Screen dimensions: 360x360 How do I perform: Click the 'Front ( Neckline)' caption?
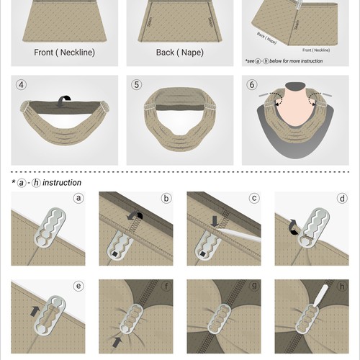pos(64,53)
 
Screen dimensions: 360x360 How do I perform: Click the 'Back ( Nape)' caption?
pos(179,53)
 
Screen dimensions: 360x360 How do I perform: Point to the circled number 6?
pos(251,84)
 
